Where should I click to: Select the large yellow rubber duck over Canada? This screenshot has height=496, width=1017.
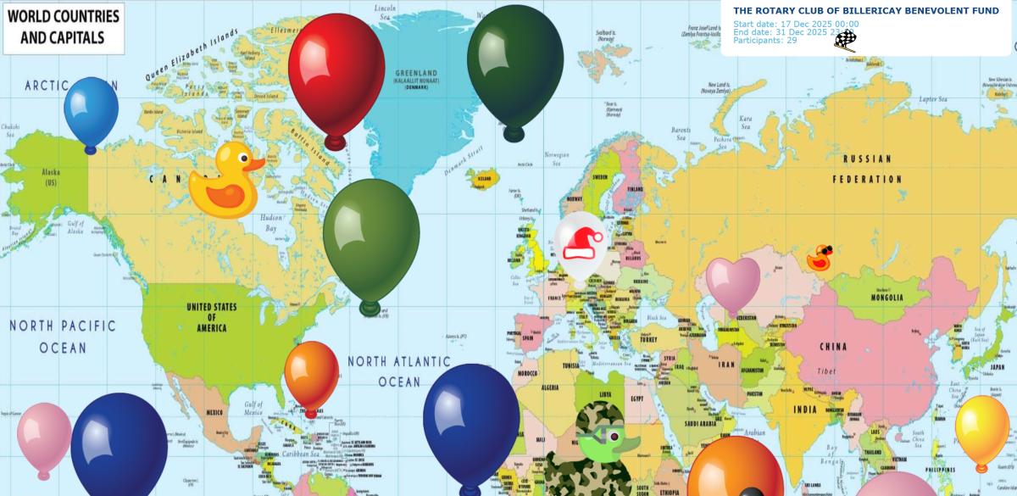(x=225, y=181)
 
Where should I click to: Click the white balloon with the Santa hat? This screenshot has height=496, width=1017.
(x=581, y=246)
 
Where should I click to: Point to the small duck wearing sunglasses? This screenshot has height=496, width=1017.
(x=819, y=258)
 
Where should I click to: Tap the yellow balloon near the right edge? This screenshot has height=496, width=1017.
(x=981, y=428)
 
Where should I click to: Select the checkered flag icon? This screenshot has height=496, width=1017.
(x=845, y=40)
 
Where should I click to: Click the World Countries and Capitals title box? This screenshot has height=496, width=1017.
(x=64, y=27)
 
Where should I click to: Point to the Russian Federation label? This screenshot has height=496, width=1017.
(x=866, y=169)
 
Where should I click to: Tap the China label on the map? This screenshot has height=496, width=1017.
(x=832, y=347)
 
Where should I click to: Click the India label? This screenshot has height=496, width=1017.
(x=804, y=410)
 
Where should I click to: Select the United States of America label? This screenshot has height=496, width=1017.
(x=211, y=317)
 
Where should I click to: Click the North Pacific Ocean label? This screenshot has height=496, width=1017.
(x=63, y=337)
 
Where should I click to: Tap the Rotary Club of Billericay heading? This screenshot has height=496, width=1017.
(x=865, y=11)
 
